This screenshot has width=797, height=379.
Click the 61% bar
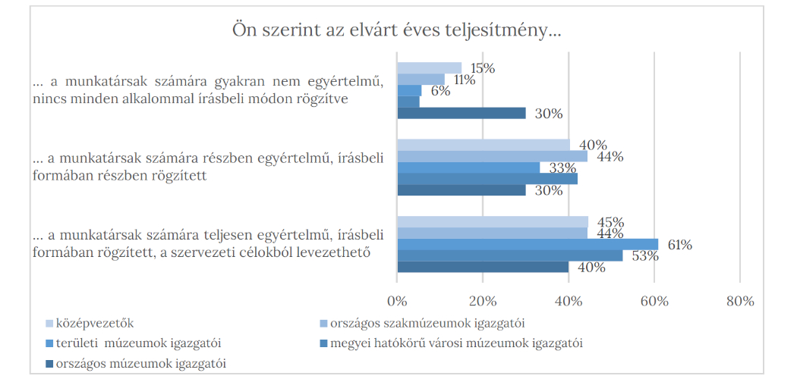coord(527,244)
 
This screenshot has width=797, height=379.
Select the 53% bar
coord(509,255)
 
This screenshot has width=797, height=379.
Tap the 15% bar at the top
coord(429,67)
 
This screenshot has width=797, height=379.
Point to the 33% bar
coord(468,168)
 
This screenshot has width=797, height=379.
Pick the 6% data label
coord(440,91)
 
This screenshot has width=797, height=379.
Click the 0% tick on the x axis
coord(397,301)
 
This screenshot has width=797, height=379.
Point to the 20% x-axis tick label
coord(483,301)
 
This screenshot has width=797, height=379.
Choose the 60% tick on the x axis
coord(654,301)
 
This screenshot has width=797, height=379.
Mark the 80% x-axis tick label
coord(739,301)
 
